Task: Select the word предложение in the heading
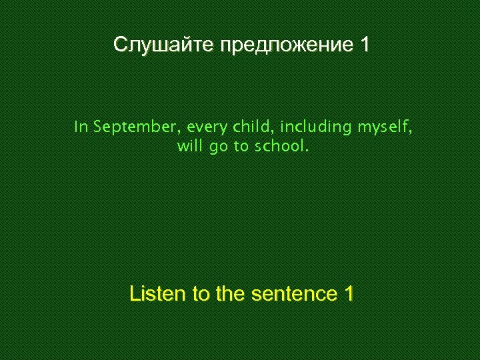[x=287, y=45]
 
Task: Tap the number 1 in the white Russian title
[x=364, y=45]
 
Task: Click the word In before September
[x=81, y=127]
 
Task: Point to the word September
[x=136, y=127]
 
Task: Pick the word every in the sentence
[x=207, y=127]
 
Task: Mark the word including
[x=315, y=127]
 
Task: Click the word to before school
[x=241, y=147]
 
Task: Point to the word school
[x=280, y=147]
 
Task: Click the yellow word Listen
[x=158, y=294]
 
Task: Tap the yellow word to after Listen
[x=202, y=294]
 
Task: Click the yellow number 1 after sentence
[x=348, y=294]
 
